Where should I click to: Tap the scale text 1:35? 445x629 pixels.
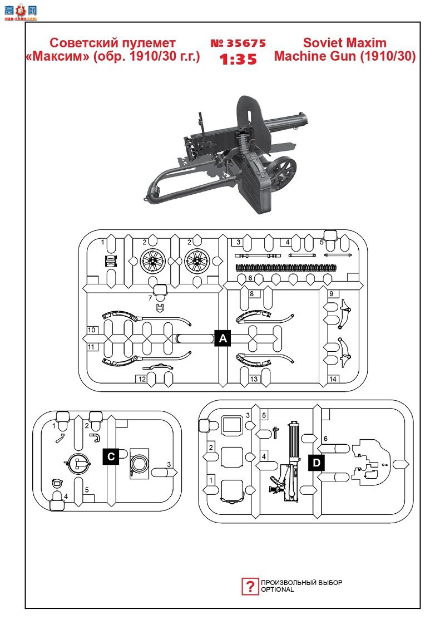click(238, 60)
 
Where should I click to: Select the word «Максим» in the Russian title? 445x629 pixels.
click(58, 56)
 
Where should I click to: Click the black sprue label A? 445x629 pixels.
click(223, 338)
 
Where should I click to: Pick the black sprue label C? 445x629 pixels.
click(111, 456)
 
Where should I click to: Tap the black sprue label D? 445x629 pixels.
click(317, 463)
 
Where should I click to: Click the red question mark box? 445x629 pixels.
click(250, 587)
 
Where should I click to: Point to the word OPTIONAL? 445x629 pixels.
click(278, 589)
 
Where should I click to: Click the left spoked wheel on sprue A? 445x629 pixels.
click(153, 261)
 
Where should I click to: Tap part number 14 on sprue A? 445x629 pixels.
click(333, 379)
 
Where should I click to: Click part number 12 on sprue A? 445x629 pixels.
click(142, 379)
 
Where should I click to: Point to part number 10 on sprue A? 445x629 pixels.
click(91, 330)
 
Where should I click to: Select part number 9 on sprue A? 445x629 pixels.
click(332, 294)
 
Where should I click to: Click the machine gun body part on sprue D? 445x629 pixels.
click(287, 461)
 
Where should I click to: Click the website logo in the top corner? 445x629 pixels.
click(21, 12)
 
